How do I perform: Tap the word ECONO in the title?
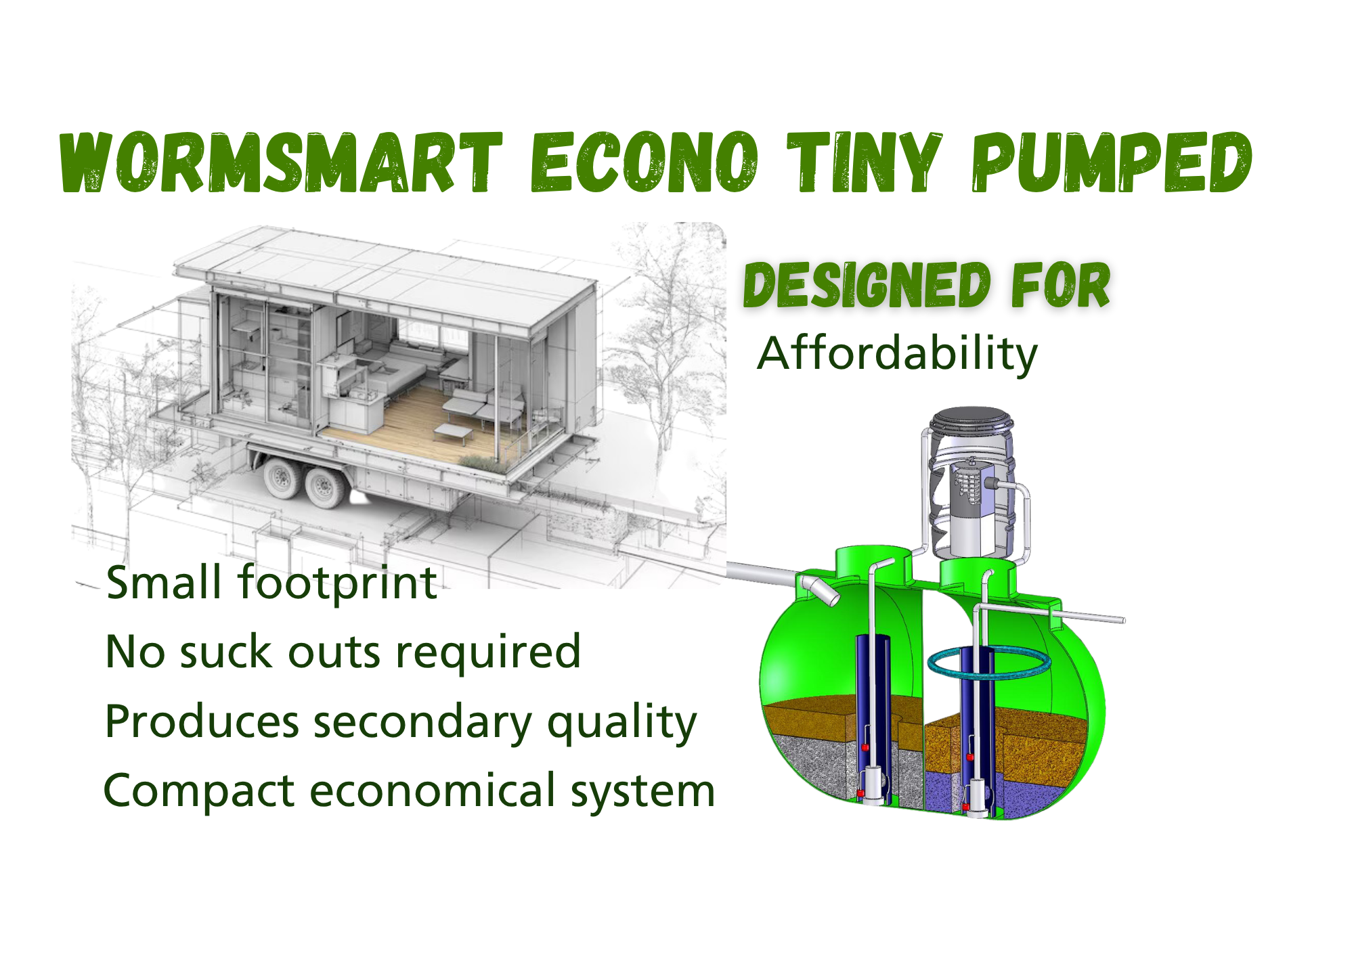click(643, 162)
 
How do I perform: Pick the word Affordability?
click(897, 353)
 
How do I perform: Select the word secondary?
click(423, 721)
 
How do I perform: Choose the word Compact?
click(199, 791)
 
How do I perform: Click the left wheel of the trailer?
click(279, 478)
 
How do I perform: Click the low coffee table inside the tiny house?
click(454, 431)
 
